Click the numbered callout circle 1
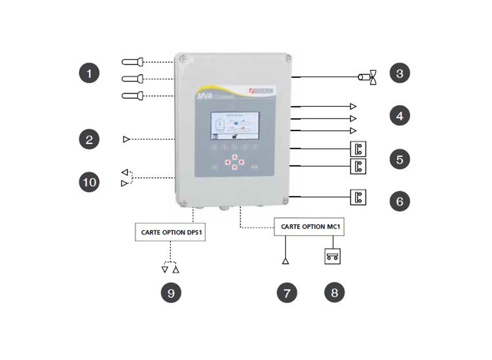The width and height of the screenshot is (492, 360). [x=89, y=74]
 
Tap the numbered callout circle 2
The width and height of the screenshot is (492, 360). [x=89, y=140]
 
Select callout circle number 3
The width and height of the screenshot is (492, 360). [x=399, y=74]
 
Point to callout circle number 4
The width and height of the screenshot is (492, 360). [x=399, y=116]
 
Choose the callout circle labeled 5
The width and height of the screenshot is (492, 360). [x=399, y=159]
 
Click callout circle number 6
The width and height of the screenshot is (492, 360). [x=399, y=201]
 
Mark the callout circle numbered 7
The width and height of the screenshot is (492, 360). [x=287, y=293]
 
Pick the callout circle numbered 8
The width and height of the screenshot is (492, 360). [x=334, y=293]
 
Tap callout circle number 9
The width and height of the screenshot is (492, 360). [x=171, y=293]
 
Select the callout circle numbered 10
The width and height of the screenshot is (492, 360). [x=89, y=182]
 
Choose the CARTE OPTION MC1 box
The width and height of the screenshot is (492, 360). [x=309, y=226]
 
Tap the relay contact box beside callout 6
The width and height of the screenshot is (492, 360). [x=358, y=197]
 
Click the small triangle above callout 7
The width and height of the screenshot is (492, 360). [x=286, y=261]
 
